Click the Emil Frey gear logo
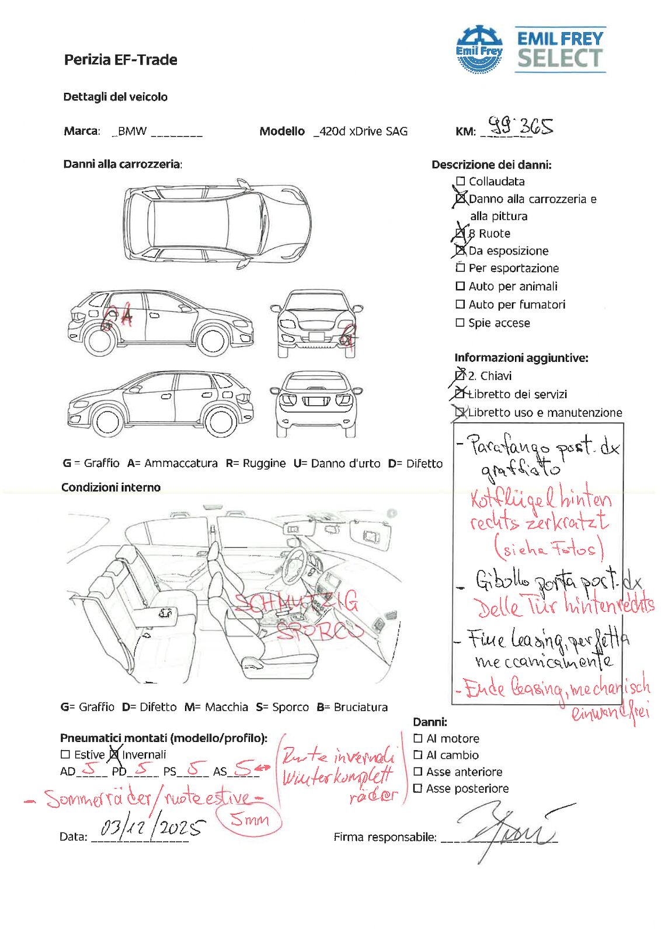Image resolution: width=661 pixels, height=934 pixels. [479, 49]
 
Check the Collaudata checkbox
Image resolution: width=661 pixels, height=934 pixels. [460, 182]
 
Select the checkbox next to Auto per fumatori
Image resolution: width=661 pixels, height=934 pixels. [460, 304]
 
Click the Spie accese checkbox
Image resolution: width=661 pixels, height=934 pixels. [460, 322]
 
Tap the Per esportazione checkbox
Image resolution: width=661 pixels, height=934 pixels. [460, 268]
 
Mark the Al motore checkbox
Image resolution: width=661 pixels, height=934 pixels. [418, 738]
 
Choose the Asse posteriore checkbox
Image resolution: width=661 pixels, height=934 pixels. [418, 789]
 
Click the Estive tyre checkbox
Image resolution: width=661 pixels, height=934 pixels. [65, 755]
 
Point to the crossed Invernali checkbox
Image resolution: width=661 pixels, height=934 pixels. [114, 754]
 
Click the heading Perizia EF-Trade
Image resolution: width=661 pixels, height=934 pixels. [121, 60]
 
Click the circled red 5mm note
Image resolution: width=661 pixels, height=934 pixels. [249, 820]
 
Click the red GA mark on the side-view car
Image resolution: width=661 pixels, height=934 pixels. [117, 317]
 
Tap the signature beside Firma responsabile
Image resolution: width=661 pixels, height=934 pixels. [508, 829]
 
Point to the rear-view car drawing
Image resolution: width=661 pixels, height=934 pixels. [316, 403]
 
